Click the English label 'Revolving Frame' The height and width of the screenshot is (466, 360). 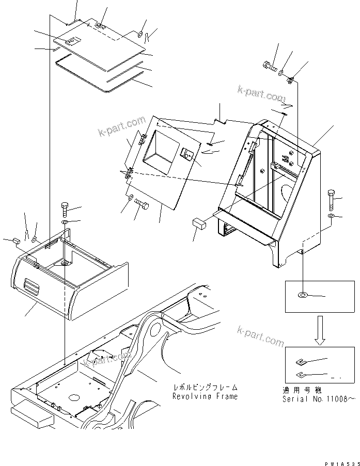pos(205,396)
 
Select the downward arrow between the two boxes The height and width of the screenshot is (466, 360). pos(320,330)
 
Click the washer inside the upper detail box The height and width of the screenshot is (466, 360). pos(302,296)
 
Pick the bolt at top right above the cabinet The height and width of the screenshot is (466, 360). pos(269,66)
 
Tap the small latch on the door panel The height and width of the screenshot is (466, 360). pos(186,154)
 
